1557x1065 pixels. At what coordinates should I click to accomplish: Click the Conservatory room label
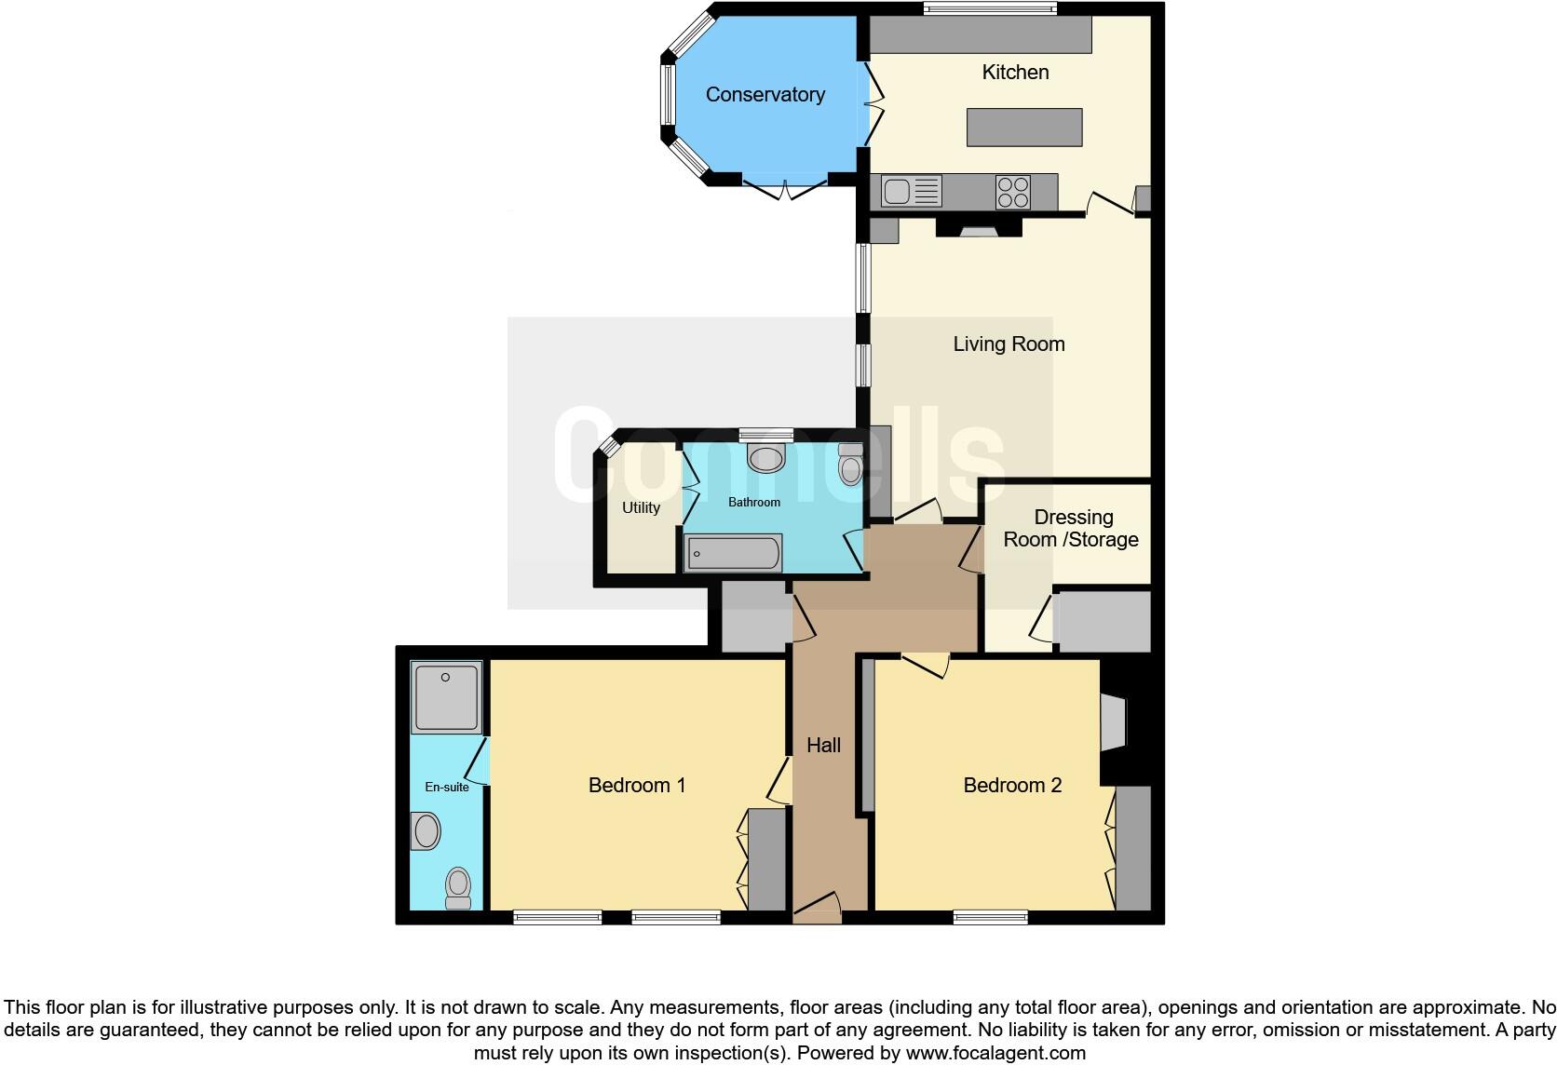765,95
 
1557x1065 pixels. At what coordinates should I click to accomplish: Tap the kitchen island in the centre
1024,128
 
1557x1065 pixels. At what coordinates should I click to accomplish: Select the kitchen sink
898,193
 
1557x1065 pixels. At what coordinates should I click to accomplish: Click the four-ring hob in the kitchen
1013,192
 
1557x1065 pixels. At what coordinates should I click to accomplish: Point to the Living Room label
1009,344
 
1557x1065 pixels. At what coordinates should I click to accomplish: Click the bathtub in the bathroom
733,554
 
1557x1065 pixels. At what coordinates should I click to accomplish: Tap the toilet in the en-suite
458,888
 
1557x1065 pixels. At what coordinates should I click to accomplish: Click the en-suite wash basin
426,831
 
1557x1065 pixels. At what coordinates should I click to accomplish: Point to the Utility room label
641,507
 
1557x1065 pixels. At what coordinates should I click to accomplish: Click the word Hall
823,745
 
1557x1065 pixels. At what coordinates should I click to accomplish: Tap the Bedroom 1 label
637,786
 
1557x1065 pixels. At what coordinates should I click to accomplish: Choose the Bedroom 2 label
1012,786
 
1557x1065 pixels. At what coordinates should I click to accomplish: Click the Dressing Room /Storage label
1072,529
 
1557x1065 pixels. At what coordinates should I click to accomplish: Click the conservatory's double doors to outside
786,188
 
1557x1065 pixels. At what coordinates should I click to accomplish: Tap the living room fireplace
977,227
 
